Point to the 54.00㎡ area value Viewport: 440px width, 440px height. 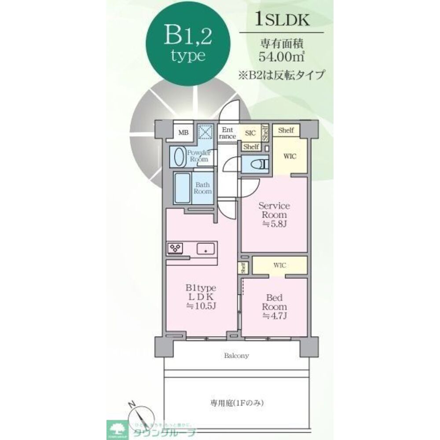pos(281,56)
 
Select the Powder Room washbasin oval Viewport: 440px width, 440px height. pos(179,157)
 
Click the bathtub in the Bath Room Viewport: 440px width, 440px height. pos(182,188)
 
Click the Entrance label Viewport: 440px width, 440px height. pos(227,133)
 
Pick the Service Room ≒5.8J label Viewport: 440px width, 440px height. pos(274,215)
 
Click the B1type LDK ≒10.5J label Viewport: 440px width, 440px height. pos(200,297)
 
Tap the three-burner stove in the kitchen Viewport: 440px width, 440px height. pos(175,249)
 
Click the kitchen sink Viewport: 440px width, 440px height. pos(205,249)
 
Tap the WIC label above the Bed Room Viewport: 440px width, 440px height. pos(280,265)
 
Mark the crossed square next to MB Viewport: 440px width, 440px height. pos(205,132)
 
